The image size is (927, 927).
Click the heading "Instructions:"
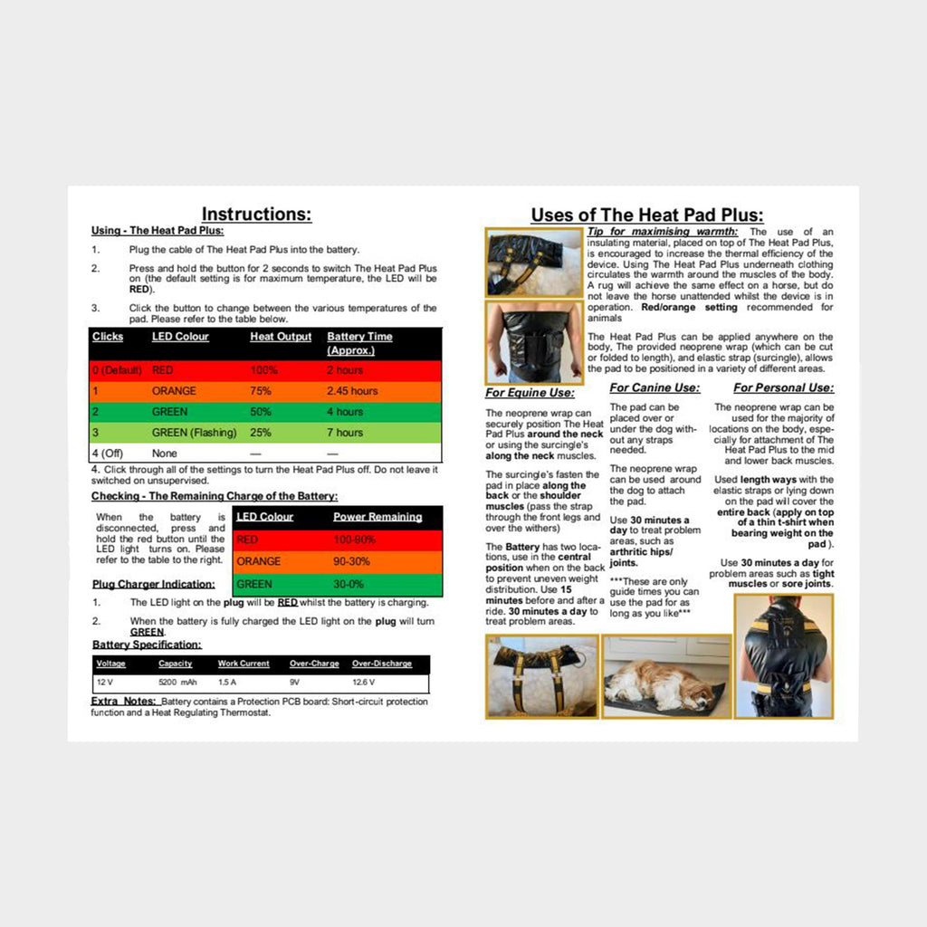256,215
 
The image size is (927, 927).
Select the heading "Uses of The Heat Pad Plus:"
646,215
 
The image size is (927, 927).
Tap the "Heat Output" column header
281,337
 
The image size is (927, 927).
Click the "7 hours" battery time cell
345,433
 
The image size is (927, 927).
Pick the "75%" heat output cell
261,391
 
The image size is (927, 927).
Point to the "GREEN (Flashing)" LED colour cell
194,433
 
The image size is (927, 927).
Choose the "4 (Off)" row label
110,453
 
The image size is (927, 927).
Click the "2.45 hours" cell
352,391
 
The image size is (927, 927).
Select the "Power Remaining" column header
377,517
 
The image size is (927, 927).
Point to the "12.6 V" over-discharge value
364,681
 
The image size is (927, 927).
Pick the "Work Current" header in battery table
244,664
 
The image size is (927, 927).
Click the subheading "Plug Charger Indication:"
154,584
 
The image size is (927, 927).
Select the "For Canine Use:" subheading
654,388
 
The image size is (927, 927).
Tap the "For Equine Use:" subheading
530,393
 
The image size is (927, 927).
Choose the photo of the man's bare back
533,341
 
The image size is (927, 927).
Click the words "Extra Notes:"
123,702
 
